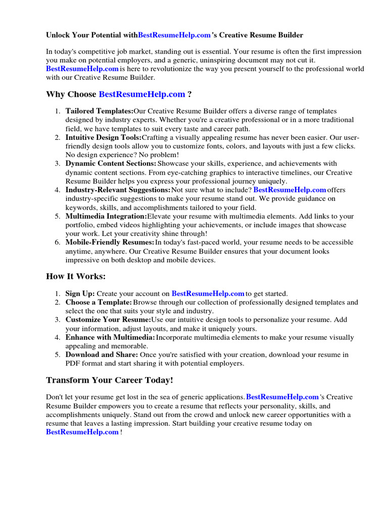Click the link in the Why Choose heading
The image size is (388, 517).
[x=142, y=94]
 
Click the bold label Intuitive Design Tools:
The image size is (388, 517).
[x=104, y=137]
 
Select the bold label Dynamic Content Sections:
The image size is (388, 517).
[x=111, y=164]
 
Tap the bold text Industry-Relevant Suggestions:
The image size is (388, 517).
[x=118, y=190]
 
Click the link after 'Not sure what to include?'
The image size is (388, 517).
[x=289, y=190]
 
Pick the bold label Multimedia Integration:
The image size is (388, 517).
[x=106, y=216]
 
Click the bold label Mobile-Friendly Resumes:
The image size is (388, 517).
[x=110, y=242]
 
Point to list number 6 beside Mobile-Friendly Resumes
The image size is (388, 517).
[x=57, y=242]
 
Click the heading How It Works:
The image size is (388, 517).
[x=76, y=276]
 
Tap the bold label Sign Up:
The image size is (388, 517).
[x=80, y=293]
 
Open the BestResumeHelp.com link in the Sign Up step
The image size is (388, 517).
[x=208, y=293]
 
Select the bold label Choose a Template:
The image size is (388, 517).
[x=99, y=302]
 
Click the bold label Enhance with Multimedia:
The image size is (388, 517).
[x=110, y=337]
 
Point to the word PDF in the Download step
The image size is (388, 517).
[x=73, y=364]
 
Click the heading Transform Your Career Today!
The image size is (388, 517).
[x=110, y=380]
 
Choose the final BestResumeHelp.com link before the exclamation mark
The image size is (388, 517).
[x=82, y=432]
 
